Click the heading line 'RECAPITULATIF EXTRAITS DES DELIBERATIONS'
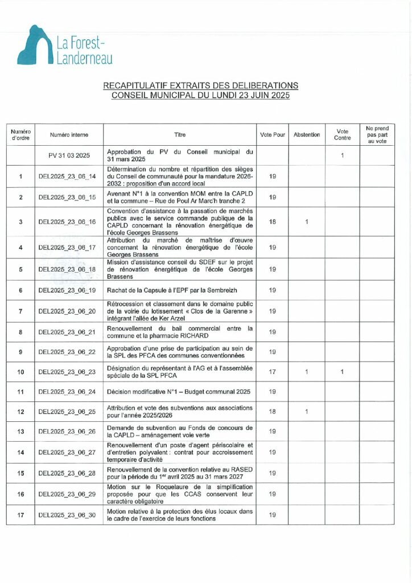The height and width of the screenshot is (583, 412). click(200, 85)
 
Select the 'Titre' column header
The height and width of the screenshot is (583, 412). click(180, 135)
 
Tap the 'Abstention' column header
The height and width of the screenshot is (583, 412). click(307, 135)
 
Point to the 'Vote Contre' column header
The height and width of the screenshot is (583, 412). click(343, 135)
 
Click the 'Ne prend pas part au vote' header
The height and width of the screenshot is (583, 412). click(376, 135)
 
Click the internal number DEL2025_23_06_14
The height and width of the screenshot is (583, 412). click(69, 176)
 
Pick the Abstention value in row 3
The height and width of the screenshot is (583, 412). click(307, 221)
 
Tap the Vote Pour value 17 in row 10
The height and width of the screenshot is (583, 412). click(272, 372)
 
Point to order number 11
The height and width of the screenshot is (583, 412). click(20, 392)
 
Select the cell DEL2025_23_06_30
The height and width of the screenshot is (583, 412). click(69, 515)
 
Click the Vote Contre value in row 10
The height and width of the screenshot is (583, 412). click(343, 372)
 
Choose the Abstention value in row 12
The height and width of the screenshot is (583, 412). click(307, 411)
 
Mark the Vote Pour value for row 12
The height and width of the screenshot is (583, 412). click(272, 411)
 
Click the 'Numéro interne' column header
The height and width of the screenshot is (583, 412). click(69, 135)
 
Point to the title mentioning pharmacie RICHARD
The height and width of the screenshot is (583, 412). click(180, 332)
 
